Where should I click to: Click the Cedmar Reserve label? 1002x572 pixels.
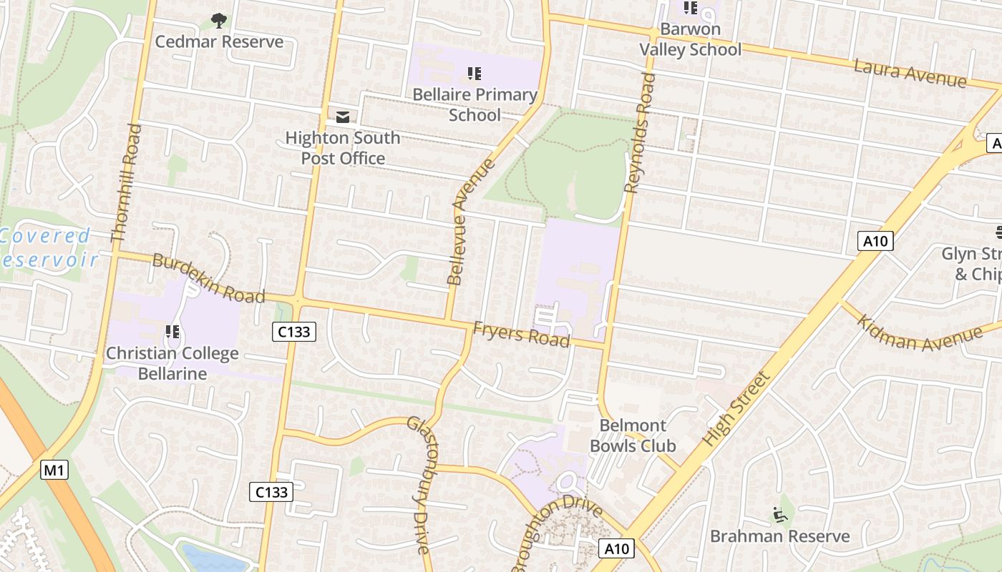pos(219,41)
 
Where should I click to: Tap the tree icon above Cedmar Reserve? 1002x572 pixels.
pos(219,21)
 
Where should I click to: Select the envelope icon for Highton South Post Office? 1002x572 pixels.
pos(343,117)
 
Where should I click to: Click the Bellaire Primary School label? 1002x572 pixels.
pos(475,104)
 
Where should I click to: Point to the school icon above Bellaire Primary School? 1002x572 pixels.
pos(474,73)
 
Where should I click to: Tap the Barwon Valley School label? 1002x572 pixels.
pos(690,39)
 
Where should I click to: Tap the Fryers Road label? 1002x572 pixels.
pos(521,334)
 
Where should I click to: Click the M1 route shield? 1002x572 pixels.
pos(54,470)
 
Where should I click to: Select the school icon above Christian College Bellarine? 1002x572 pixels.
pos(172,331)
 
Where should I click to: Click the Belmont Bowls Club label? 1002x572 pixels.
pos(633,435)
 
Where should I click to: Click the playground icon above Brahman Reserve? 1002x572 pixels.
pos(779,514)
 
